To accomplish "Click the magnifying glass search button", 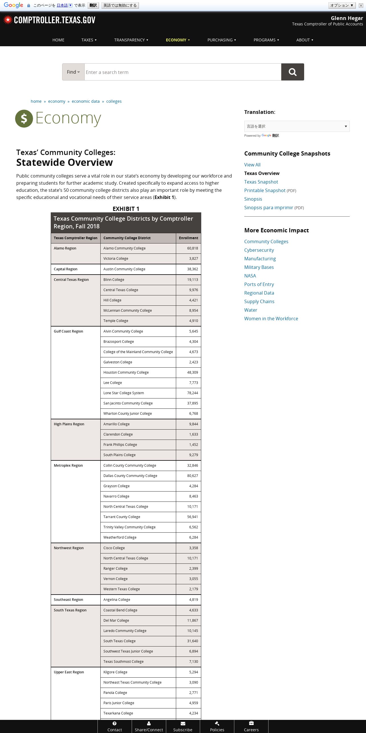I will coord(292,72).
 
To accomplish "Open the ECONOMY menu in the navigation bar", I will coord(178,40).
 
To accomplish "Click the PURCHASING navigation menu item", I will coord(221,40).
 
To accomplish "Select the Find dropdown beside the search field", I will coord(73,72).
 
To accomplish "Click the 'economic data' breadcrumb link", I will coord(86,101).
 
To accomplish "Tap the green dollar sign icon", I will coord(24,118).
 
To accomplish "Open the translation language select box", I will coord(297,126).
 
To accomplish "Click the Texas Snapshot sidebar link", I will coord(261,182).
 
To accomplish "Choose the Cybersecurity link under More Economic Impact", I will coord(259,250).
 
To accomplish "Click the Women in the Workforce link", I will coord(271,319).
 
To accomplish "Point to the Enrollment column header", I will coord(188,238).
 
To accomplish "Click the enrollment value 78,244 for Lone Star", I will coord(192,393).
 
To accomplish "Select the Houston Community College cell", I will coord(126,372).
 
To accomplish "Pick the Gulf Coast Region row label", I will coord(68,331).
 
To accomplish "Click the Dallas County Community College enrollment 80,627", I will coord(192,476).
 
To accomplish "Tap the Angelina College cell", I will coord(117,600).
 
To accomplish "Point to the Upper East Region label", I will coord(69,672).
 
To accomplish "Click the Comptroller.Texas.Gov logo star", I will coord(8,20).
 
